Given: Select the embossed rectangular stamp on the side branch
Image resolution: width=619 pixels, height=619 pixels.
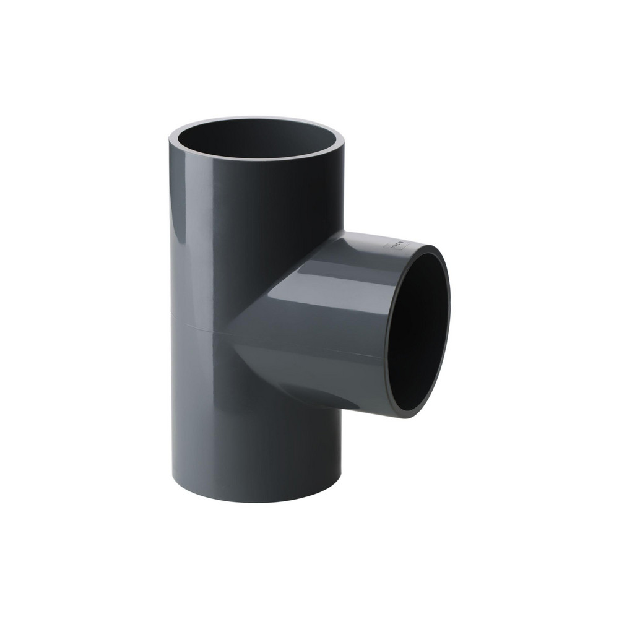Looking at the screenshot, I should point(396,246).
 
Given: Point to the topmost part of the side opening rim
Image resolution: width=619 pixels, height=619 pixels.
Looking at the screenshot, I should point(427,248).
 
